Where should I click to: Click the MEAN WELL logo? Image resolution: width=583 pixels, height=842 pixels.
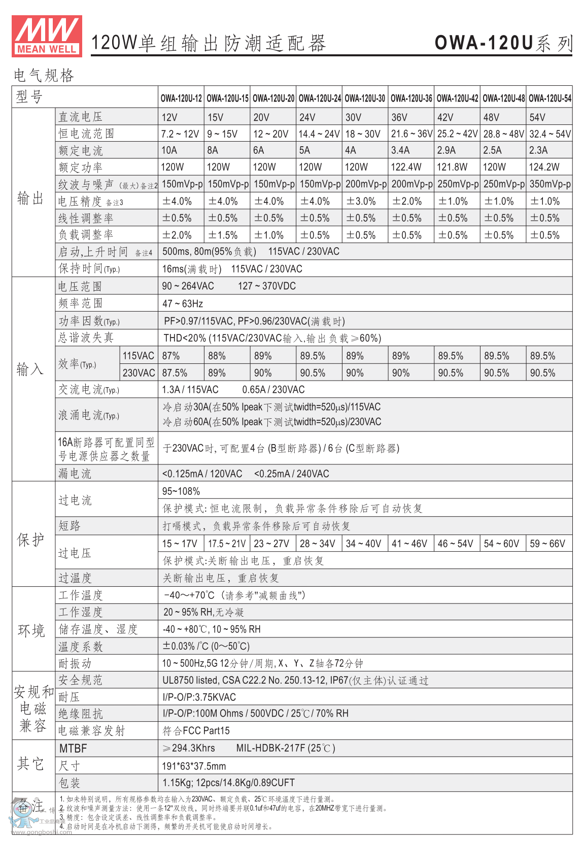tap(47, 36)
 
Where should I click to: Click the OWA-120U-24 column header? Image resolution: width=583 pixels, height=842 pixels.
tap(320, 98)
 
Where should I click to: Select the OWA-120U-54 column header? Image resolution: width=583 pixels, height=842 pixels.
tap(550, 98)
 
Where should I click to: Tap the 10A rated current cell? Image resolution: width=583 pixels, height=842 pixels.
tap(169, 150)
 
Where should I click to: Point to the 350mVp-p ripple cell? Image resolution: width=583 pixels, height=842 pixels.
tap(550, 184)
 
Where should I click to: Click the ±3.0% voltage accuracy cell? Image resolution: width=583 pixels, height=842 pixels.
tap(361, 201)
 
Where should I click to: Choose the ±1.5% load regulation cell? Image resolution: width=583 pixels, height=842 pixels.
tap(223, 235)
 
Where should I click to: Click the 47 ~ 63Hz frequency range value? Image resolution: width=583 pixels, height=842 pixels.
tap(183, 304)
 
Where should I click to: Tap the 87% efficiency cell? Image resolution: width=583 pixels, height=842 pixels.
tap(171, 356)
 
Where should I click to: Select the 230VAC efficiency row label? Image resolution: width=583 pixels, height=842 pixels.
tap(139, 373)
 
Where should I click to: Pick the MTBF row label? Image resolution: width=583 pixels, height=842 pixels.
tap(73, 749)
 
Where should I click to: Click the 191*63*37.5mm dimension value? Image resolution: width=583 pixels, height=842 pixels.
tap(194, 766)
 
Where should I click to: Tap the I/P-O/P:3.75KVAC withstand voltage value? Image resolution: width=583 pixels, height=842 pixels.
tap(199, 697)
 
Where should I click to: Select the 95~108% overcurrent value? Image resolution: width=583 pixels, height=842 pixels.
tap(181, 491)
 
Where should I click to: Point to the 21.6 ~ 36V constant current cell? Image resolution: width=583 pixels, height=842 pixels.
tap(411, 134)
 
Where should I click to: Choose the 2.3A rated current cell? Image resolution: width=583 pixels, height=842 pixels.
tap(538, 150)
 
